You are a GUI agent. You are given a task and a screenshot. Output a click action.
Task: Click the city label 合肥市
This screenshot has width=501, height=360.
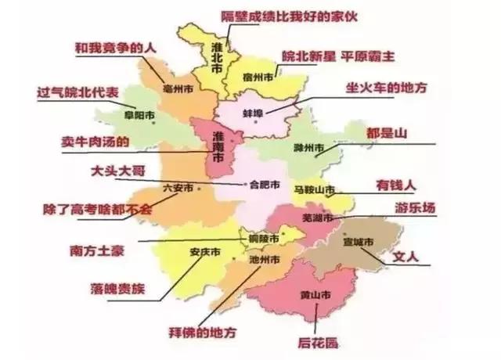tap(261, 185)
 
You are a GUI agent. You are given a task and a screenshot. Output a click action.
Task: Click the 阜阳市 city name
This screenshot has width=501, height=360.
tap(139, 117)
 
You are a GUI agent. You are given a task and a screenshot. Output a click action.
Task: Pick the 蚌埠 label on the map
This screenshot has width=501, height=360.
tap(253, 114)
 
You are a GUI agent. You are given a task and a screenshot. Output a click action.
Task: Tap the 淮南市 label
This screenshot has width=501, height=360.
tap(217, 147)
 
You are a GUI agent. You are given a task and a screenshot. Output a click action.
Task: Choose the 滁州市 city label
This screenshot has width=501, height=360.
tap(308, 148)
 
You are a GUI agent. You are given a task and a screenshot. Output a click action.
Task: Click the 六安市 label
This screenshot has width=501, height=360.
tap(178, 188)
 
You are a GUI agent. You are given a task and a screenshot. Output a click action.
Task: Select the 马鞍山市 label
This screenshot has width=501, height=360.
tap(314, 190)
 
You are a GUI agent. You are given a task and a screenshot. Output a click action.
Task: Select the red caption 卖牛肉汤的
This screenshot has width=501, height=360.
tap(95, 142)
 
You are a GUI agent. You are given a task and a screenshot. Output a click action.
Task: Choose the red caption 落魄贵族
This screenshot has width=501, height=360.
tap(118, 288)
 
